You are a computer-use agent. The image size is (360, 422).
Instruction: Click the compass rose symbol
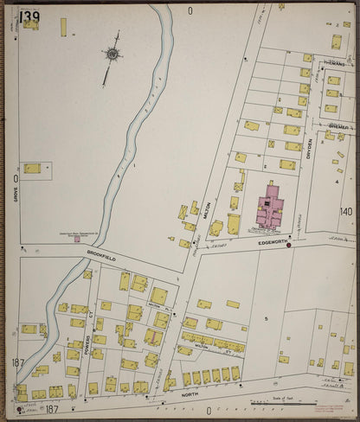(112, 54)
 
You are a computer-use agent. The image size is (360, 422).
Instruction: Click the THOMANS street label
(333, 65)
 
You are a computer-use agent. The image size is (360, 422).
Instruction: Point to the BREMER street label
(336, 127)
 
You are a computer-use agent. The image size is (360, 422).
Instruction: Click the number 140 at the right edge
(346, 211)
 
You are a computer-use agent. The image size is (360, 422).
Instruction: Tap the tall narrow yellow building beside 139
(63, 27)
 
